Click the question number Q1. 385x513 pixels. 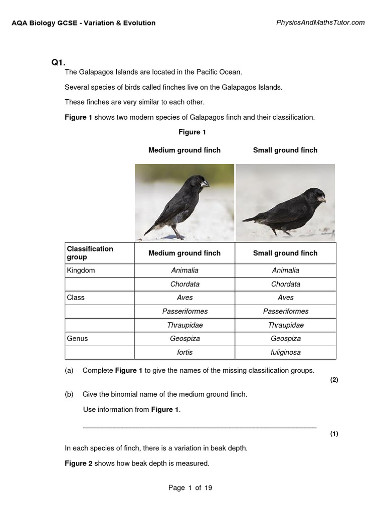[58, 63]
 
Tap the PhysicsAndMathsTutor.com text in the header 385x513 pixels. [320, 23]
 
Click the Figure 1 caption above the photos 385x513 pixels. [192, 132]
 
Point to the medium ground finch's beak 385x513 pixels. [205, 184]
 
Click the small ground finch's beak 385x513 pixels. [321, 199]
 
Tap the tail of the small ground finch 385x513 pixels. [251, 218]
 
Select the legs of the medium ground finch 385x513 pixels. [176, 231]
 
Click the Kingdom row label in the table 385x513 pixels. [81, 271]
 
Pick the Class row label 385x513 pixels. [76, 298]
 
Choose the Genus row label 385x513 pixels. [77, 339]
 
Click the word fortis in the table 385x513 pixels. [185, 352]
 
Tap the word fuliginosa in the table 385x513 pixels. [286, 352]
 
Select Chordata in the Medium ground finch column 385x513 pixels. [185, 284]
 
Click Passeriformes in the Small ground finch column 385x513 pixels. [286, 311]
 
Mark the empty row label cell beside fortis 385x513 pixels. [100, 352]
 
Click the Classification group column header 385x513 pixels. [90, 253]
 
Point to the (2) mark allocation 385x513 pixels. [334, 380]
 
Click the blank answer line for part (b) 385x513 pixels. [200, 427]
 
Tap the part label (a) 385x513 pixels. [69, 371]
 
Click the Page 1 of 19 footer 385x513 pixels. [190, 488]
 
